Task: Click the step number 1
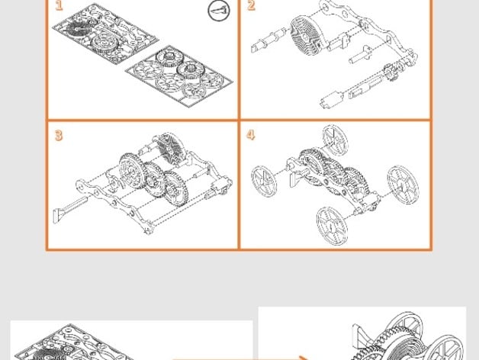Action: [59, 6]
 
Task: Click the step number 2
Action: [251, 6]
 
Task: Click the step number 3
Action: [59, 136]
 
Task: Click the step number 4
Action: [250, 136]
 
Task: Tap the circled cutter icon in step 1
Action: [218, 10]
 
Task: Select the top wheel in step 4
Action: [334, 140]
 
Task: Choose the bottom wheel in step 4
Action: [333, 224]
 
